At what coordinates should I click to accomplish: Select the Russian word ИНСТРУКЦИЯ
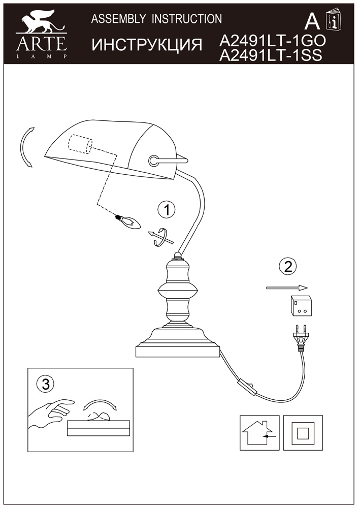tap(147, 45)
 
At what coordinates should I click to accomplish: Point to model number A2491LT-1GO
tap(272, 41)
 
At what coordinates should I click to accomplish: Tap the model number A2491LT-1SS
tap(271, 55)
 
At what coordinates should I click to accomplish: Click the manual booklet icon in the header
tap(334, 19)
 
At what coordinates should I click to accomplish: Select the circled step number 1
tap(167, 210)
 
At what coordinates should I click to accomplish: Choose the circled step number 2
tap(287, 266)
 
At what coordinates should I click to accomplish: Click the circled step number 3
tap(46, 385)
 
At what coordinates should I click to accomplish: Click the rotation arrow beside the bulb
tap(160, 238)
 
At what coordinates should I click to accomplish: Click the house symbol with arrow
tap(259, 433)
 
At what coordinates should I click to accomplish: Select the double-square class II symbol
tap(303, 433)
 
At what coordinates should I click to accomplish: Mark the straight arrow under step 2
tap(286, 288)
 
